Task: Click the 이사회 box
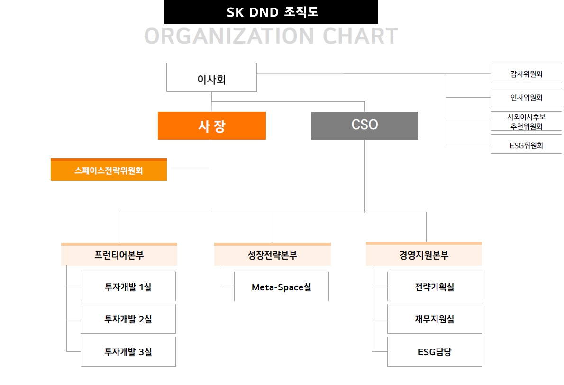211,78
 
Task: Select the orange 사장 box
212,126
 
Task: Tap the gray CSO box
364,126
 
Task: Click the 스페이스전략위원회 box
109,170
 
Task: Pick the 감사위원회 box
526,74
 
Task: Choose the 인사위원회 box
526,98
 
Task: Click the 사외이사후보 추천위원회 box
526,121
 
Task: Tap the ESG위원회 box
526,145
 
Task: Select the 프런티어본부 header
119,255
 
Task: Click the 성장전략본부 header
273,255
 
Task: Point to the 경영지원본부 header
424,255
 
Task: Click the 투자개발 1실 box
128,287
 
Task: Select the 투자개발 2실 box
128,319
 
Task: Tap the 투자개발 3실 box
128,352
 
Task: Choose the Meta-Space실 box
282,287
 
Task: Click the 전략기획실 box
434,287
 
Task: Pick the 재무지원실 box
434,319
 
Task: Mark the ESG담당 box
434,352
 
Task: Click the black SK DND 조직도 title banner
271,12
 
